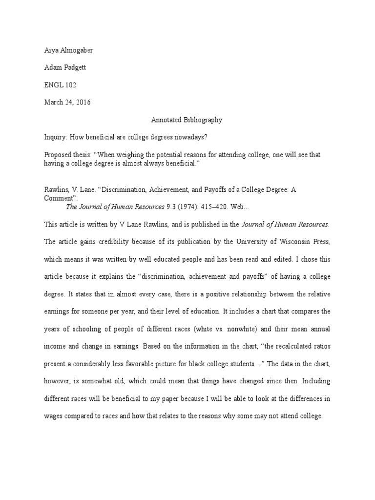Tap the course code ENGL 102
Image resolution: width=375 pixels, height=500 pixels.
(57, 85)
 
